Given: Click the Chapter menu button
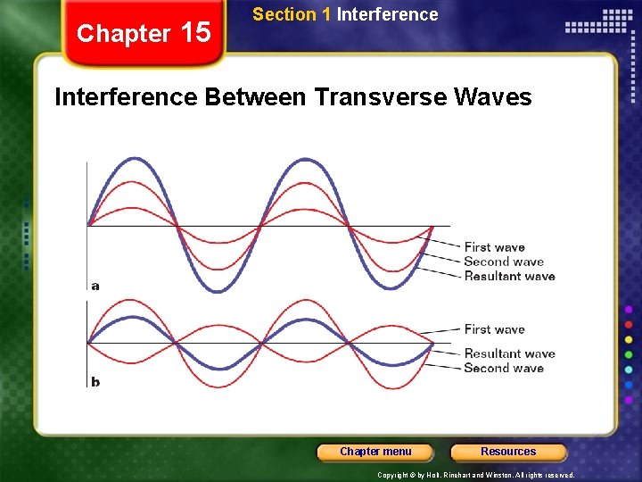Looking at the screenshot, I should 375,452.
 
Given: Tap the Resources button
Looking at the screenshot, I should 508,452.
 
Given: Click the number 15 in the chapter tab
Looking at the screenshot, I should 195,33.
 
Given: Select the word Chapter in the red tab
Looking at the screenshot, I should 124,34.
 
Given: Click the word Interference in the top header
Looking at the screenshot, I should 388,14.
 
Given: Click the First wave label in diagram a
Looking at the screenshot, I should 494,247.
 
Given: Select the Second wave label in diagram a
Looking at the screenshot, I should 503,262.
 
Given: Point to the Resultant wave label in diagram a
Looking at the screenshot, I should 509,276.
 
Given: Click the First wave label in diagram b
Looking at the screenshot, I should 494,329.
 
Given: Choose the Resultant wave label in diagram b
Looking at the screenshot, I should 509,353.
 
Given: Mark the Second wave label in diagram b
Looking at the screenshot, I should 503,368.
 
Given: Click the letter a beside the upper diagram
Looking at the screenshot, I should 95,286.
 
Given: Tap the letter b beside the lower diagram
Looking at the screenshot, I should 95,382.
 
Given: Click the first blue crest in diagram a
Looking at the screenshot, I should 133,159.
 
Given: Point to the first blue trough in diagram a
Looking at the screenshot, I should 218,290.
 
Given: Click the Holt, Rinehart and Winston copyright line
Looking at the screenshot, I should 476,476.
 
